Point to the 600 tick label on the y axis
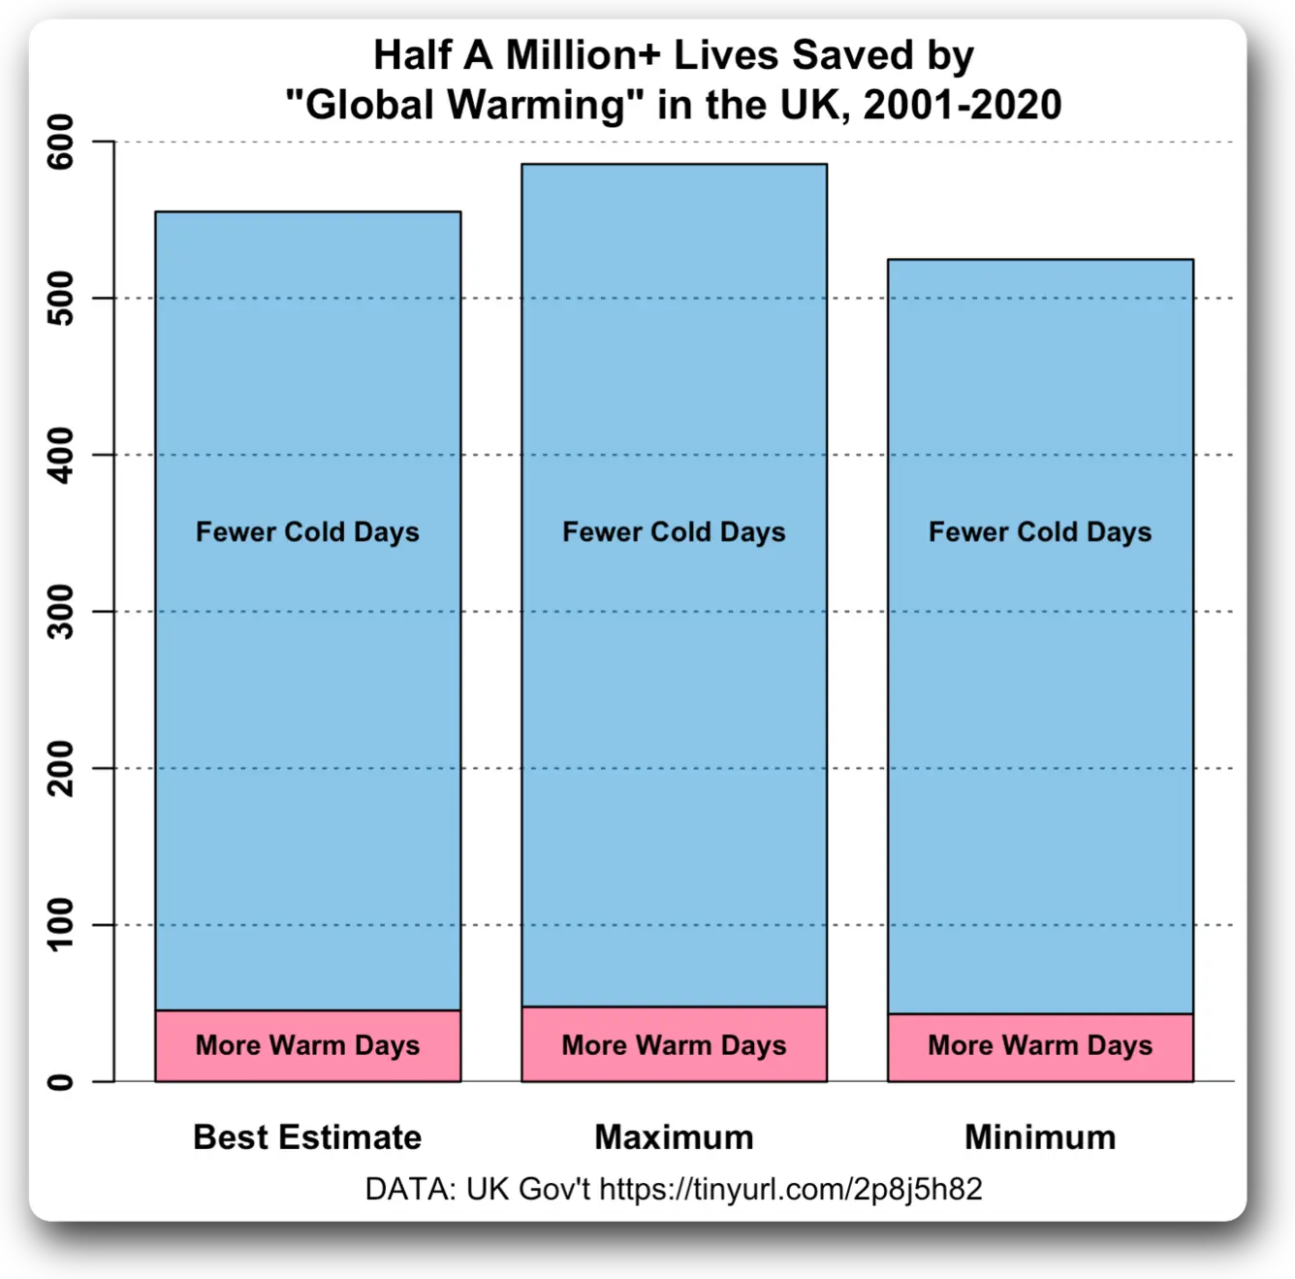[x=60, y=142]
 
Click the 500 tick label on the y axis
[x=60, y=298]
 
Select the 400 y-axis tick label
[x=60, y=455]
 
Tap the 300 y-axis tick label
[x=60, y=611]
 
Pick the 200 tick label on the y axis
[x=60, y=768]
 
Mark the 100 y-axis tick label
[x=60, y=924]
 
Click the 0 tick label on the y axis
[x=60, y=1081]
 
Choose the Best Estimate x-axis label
[x=307, y=1136]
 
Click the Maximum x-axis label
[x=674, y=1136]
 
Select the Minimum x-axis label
[x=1040, y=1136]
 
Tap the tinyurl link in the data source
[x=790, y=1189]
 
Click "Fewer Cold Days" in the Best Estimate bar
[x=307, y=532]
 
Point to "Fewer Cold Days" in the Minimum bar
[x=1040, y=532]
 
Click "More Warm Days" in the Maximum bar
[x=674, y=1045]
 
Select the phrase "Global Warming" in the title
[x=465, y=105]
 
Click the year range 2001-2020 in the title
[x=963, y=105]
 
